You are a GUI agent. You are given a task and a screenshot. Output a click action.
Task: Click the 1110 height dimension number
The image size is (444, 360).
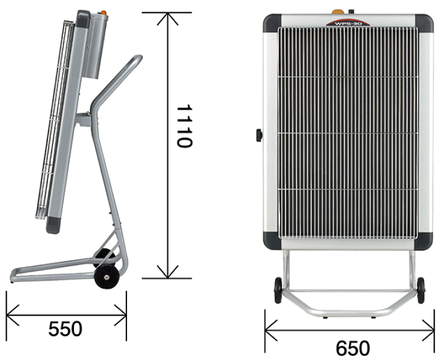point(184,126)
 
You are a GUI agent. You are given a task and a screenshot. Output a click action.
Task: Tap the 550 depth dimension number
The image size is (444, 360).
point(65,329)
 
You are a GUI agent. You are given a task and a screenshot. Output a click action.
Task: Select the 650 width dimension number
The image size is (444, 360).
point(353,348)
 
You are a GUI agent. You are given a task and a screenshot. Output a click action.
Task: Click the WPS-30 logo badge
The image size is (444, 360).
point(348,23)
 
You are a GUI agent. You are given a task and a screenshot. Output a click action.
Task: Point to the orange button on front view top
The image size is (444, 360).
point(337,12)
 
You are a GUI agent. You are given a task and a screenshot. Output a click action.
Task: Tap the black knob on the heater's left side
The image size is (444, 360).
point(259,135)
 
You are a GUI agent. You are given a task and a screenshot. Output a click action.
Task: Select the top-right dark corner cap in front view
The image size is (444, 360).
point(424,23)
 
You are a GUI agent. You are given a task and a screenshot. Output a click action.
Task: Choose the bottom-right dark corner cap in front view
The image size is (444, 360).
point(424,240)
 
